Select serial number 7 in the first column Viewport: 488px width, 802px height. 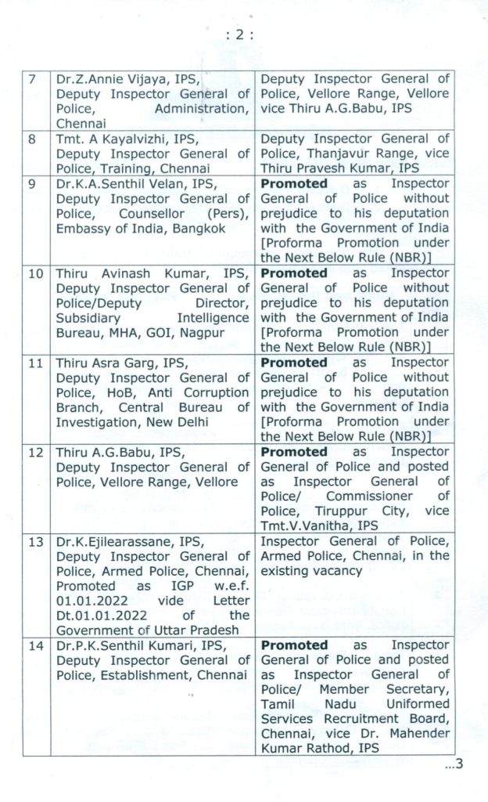(x=30, y=79)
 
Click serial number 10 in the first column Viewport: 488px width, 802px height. (x=33, y=273)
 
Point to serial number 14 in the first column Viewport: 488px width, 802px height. (x=33, y=645)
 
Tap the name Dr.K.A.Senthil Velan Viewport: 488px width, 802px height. (x=116, y=183)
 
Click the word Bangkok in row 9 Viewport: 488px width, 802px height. (x=177, y=228)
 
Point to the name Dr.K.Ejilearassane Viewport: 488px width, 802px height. (x=113, y=541)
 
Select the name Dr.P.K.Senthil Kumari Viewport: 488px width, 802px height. (x=126, y=645)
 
